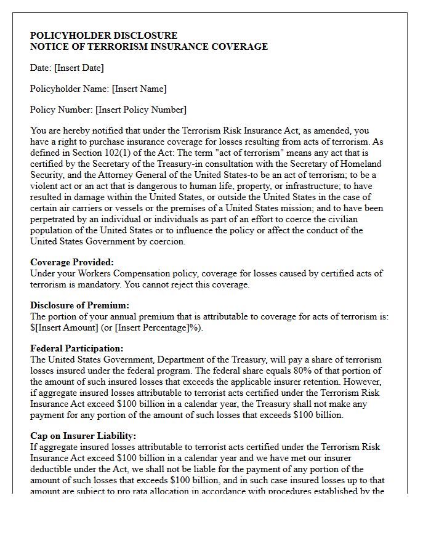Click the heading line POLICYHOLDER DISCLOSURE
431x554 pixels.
(103, 36)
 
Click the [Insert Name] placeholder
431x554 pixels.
(139, 89)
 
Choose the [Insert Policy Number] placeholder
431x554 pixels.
(141, 110)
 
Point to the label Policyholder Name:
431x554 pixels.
(70, 89)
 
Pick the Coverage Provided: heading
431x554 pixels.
(72, 262)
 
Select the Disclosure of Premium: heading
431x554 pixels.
(79, 305)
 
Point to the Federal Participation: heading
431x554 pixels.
(76, 348)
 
